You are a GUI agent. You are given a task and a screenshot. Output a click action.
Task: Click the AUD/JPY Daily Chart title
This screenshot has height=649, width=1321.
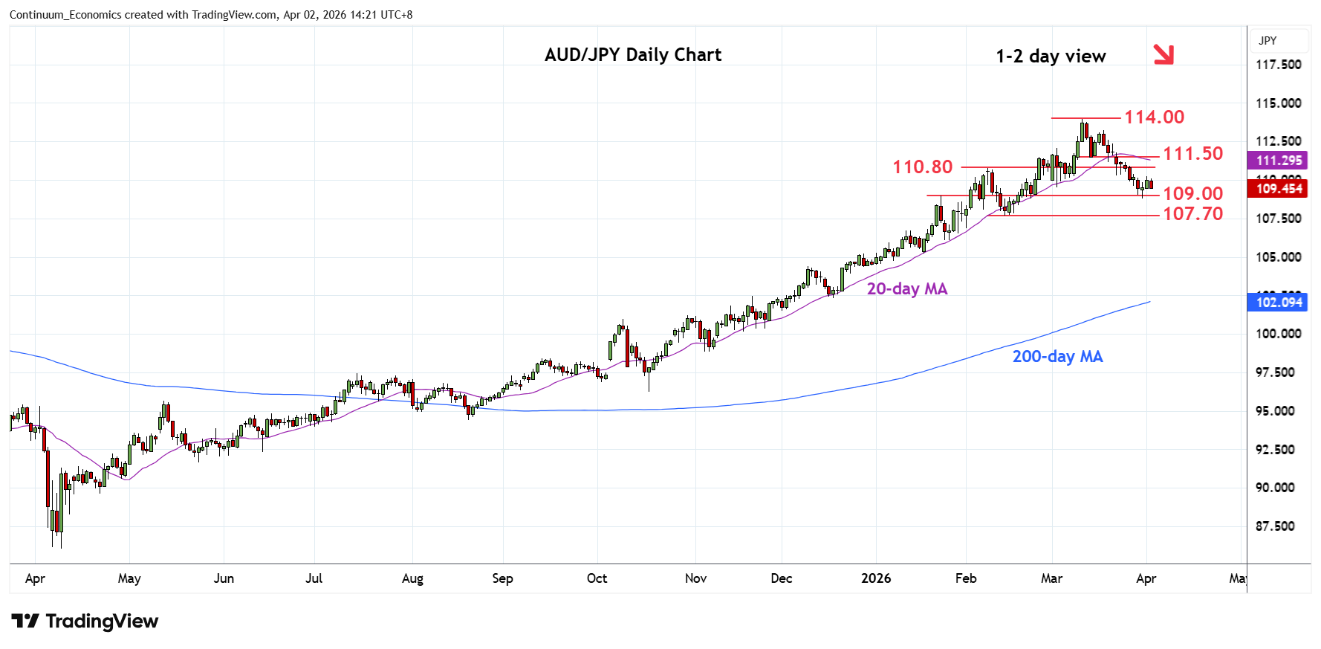pyautogui.click(x=632, y=55)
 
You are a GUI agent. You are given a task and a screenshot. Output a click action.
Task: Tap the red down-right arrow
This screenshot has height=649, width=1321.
pyautogui.click(x=1163, y=54)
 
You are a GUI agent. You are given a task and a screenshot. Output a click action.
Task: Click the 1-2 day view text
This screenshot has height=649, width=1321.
pyautogui.click(x=1050, y=56)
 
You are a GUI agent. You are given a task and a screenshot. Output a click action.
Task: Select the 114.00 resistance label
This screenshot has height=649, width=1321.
pyautogui.click(x=1154, y=117)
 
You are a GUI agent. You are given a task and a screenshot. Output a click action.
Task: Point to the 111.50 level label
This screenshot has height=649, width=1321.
pyautogui.click(x=1192, y=154)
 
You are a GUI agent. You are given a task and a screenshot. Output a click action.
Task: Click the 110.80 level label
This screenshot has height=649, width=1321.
pyautogui.click(x=922, y=167)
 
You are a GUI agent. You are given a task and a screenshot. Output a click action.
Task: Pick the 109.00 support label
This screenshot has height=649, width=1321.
pyautogui.click(x=1192, y=194)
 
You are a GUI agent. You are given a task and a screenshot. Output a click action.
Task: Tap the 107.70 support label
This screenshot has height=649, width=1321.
pyautogui.click(x=1192, y=214)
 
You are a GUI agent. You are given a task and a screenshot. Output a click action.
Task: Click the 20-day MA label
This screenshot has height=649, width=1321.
pyautogui.click(x=906, y=289)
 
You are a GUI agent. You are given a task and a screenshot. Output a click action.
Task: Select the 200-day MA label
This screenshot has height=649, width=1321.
pyautogui.click(x=1057, y=357)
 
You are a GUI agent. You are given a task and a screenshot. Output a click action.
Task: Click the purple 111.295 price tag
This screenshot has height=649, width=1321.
pyautogui.click(x=1279, y=161)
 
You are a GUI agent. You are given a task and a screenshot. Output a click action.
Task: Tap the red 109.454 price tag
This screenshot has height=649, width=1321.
pyautogui.click(x=1279, y=189)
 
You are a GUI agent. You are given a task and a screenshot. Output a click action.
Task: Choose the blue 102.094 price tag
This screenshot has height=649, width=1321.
pyautogui.click(x=1279, y=303)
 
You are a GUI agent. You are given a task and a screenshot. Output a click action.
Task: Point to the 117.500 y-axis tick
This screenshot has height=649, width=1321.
pyautogui.click(x=1278, y=65)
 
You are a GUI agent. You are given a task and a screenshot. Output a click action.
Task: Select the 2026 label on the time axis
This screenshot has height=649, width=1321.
pyautogui.click(x=875, y=578)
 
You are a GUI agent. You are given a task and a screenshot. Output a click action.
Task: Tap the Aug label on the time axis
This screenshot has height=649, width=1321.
pyautogui.click(x=412, y=578)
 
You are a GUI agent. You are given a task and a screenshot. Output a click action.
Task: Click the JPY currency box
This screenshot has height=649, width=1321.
pyautogui.click(x=1268, y=41)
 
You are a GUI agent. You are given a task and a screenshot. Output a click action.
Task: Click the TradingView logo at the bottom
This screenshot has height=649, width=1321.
pyautogui.click(x=85, y=621)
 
